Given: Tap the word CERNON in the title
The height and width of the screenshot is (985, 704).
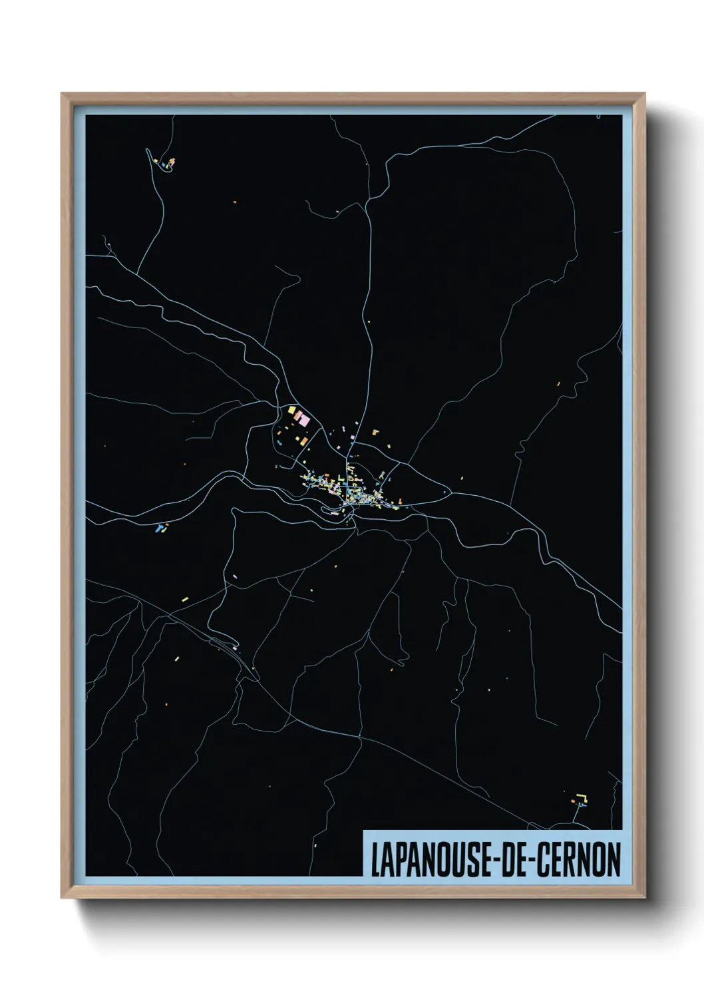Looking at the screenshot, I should click(578, 860).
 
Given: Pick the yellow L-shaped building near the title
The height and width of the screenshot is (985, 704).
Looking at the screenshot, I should click(583, 796).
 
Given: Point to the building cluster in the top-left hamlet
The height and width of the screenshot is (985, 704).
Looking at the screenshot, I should click(166, 162).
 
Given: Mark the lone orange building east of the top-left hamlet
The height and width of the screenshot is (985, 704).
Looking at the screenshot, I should click(234, 200).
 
